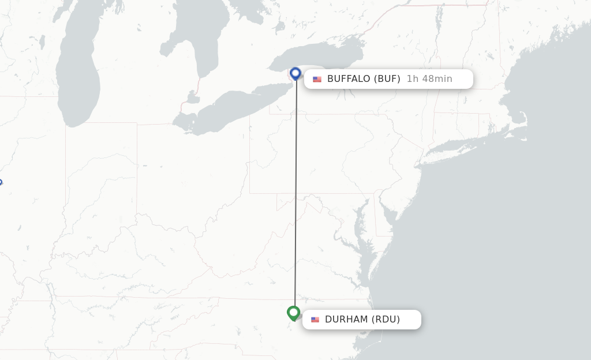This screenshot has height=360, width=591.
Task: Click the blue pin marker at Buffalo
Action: pyautogui.click(x=295, y=73)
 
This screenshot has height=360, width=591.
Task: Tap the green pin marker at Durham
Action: pyautogui.click(x=294, y=313)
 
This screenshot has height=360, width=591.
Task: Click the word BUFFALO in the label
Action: pyautogui.click(x=349, y=79)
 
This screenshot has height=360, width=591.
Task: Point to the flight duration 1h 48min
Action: pyautogui.click(x=429, y=79)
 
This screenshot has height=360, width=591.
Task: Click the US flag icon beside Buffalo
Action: pyautogui.click(x=317, y=80)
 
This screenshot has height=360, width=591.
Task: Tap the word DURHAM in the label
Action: pyautogui.click(x=346, y=320)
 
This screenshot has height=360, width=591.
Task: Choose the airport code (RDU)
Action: pyautogui.click(x=386, y=320)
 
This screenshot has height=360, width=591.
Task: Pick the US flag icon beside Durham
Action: pyautogui.click(x=315, y=320)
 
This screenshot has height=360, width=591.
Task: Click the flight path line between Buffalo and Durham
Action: pyautogui.click(x=295, y=196)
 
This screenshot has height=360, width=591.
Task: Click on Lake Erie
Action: pyautogui.click(x=231, y=110)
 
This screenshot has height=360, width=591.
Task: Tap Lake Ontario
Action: pyautogui.click(x=323, y=58)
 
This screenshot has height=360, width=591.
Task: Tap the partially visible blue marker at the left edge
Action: pyautogui.click(x=1, y=183)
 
